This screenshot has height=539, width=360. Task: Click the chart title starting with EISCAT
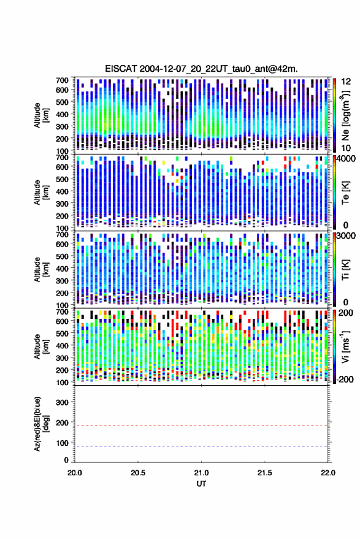pos(201,69)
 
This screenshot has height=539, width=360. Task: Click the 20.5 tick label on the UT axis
pos(138,473)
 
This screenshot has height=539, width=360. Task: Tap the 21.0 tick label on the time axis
pos(201,473)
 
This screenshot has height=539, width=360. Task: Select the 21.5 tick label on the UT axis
pos(264,473)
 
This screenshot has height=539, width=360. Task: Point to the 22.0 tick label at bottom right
pos(327,473)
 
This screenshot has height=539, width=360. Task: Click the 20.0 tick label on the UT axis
pos(75,473)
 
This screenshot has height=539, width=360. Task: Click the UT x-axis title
pos(201,484)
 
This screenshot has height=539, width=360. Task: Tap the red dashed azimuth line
pos(201,426)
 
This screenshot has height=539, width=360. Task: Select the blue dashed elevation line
pos(201,446)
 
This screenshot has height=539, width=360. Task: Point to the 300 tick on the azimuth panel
pos(62,402)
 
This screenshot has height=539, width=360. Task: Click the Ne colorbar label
pos(346,115)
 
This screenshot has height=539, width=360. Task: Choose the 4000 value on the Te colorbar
pos(347,159)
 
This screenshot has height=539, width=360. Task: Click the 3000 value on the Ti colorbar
pos(347,236)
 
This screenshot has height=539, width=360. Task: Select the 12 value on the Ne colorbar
pos(347,82)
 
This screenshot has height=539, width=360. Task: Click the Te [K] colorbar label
pos(345,193)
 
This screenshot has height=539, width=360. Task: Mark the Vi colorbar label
pos(345,346)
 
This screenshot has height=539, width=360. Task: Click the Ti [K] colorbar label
pos(345,270)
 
